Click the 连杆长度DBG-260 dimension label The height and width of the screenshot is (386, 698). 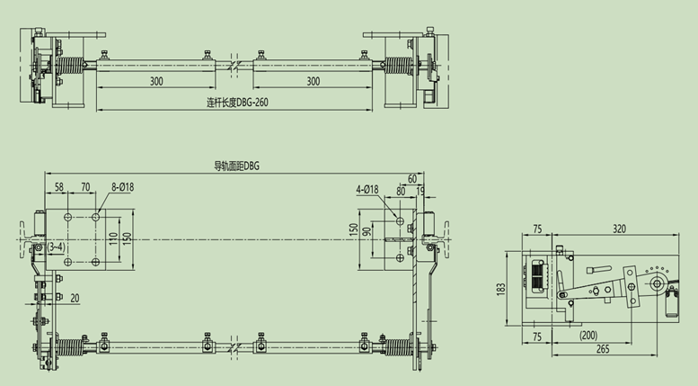click(237, 102)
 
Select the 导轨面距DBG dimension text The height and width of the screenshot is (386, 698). click(237, 166)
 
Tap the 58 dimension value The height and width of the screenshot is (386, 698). click(59, 187)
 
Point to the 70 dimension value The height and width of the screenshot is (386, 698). click(85, 187)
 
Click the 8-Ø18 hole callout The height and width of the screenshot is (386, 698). click(122, 187)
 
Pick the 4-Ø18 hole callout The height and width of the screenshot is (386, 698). click(367, 190)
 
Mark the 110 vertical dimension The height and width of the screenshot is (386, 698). click(113, 238)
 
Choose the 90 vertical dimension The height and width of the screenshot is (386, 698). click(367, 232)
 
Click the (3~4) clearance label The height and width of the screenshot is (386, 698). click(56, 247)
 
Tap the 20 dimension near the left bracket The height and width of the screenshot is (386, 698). click(75, 298)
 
